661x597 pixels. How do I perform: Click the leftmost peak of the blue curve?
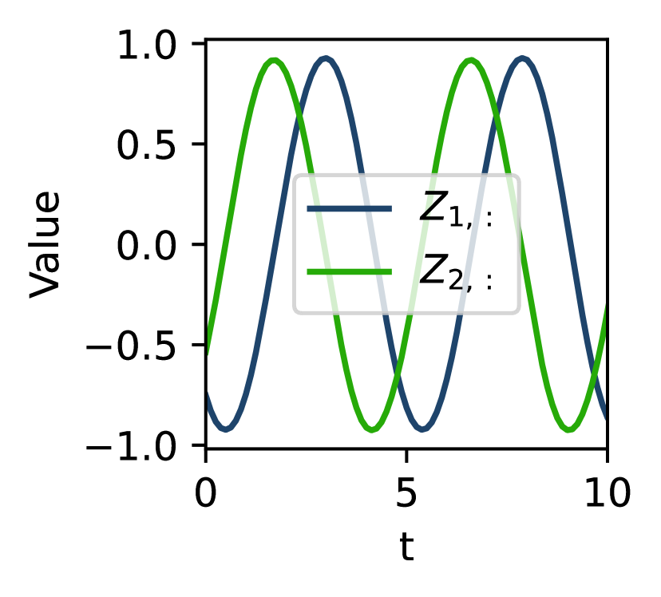tap(325, 59)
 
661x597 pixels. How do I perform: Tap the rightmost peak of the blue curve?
tap(522, 59)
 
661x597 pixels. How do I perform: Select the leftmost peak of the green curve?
tap(274, 61)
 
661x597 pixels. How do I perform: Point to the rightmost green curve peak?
tap(471, 61)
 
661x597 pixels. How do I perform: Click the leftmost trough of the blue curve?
tap(227, 429)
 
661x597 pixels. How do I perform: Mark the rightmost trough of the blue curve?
tap(424, 429)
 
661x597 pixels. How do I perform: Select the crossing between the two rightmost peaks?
tap(497, 116)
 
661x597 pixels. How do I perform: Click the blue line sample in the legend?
tap(350, 209)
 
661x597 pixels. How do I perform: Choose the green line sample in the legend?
tap(350, 272)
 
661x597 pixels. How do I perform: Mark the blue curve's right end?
tap(605, 416)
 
